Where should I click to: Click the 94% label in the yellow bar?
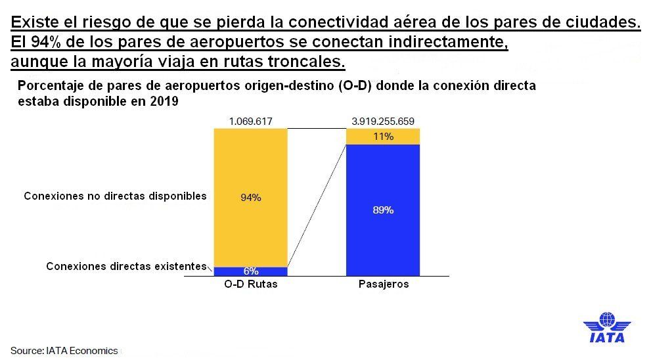250,197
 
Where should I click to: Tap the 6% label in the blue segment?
250,271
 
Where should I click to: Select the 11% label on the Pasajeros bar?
384,137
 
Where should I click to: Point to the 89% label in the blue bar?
384,210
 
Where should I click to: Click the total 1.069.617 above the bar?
250,122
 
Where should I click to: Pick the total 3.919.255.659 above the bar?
384,122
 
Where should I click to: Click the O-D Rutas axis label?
250,284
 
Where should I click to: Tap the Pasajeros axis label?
384,284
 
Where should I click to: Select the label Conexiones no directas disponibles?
115,196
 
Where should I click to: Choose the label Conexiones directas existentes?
126,267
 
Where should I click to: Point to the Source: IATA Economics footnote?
64,350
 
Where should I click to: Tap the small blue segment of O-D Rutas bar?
230,271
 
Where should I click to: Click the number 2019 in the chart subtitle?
167,102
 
